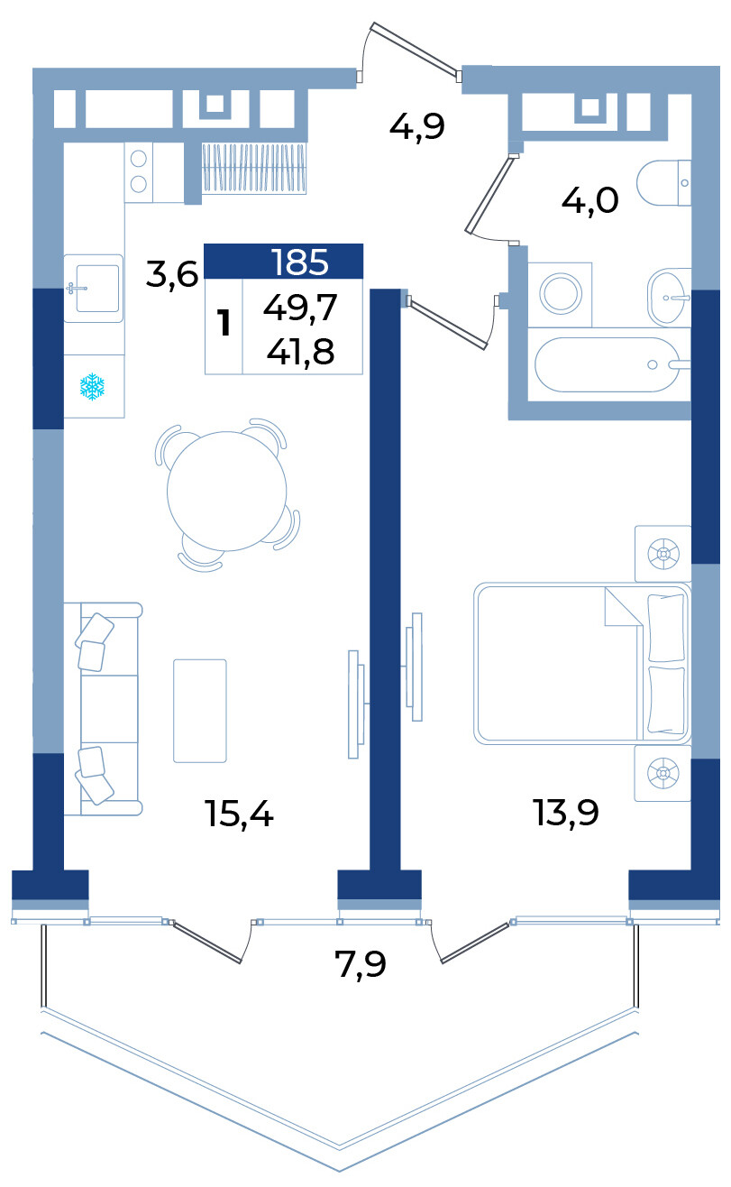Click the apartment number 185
300,262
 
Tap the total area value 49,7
300,308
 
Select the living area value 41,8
300,352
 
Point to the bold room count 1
224,323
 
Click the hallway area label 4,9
417,127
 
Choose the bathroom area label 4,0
589,201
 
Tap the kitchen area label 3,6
172,274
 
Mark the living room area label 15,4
239,814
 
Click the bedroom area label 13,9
566,813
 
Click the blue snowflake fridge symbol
92,386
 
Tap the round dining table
227,492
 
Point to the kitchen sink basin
97,289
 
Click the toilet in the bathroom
663,183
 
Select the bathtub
608,364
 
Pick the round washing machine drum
561,293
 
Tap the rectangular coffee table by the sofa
200,711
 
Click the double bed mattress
581,664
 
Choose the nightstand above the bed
663,554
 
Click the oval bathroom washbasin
669,298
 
